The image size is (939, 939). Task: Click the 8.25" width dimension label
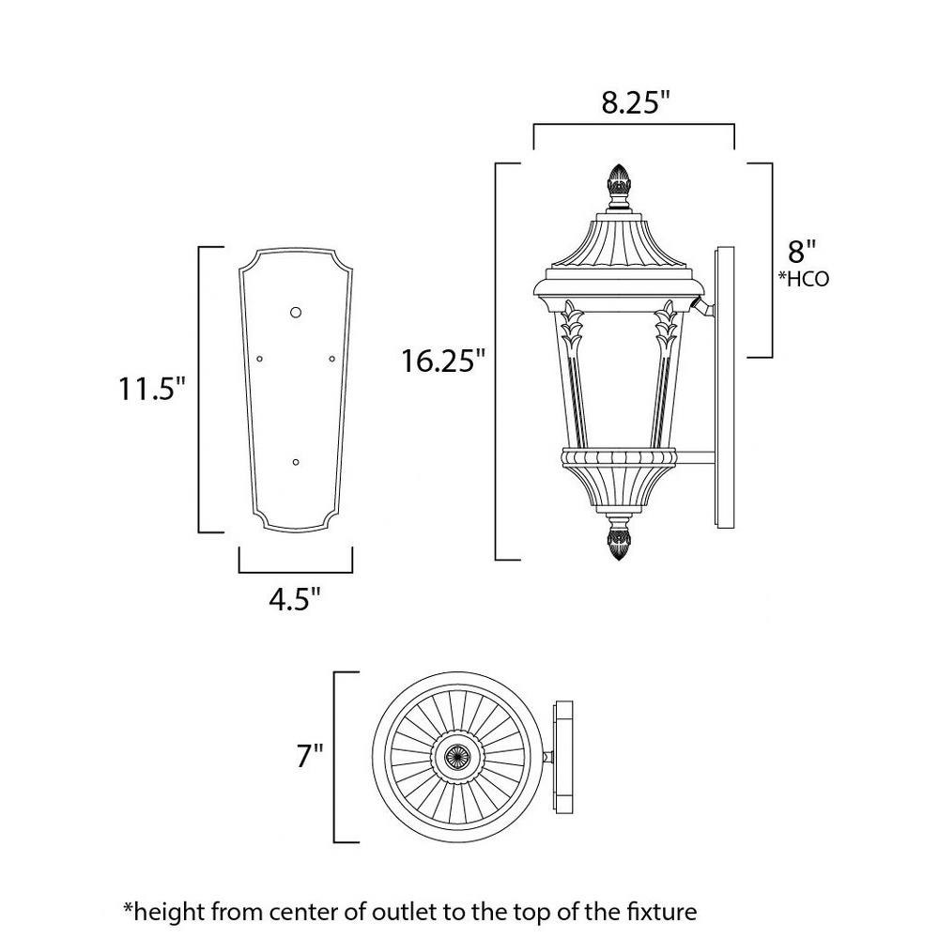click(x=635, y=103)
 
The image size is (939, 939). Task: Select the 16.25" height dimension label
click(x=442, y=362)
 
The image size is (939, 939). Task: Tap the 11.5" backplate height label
click(x=149, y=390)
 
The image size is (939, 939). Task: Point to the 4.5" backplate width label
click(x=295, y=599)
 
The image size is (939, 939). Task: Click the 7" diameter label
click(x=310, y=756)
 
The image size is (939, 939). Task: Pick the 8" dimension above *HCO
click(x=801, y=252)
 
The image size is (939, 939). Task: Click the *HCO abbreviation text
click(x=803, y=279)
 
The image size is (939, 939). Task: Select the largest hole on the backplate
click(x=295, y=312)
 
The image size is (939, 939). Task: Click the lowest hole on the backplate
click(x=295, y=462)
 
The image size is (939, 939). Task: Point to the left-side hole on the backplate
click(x=259, y=359)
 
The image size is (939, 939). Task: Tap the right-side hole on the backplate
click(x=332, y=359)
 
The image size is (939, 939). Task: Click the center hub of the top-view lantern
click(x=457, y=757)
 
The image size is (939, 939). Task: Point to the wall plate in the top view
click(x=562, y=758)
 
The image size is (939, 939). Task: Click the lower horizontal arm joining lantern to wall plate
click(x=696, y=458)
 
